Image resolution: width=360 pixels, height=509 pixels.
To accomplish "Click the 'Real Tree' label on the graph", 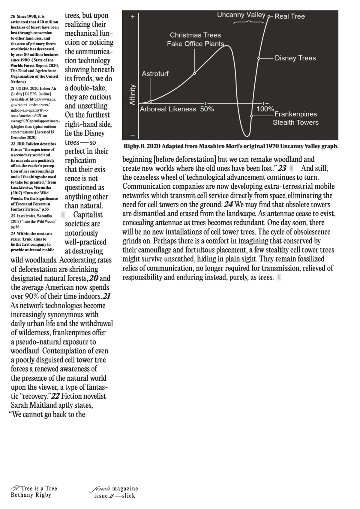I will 289,16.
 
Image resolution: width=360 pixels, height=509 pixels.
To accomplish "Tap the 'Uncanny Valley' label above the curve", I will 241,15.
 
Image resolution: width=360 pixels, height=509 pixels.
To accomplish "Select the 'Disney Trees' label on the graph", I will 295,58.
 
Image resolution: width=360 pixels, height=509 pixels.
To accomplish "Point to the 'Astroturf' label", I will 155,73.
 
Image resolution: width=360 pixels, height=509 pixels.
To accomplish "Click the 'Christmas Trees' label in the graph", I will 195,35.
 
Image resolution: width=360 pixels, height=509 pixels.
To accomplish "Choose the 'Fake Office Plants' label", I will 196,44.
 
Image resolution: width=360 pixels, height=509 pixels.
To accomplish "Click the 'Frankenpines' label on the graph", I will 295,114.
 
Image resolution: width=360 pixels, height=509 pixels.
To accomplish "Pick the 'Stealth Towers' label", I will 295,122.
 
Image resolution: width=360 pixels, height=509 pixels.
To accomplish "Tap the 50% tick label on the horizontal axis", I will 207,109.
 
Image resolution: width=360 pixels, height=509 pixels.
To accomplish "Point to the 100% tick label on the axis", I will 265,109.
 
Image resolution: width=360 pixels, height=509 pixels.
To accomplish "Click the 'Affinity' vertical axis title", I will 132,95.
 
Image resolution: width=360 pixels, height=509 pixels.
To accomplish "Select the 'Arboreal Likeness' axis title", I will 168,109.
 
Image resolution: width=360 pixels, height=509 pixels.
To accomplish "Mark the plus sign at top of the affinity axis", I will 132,17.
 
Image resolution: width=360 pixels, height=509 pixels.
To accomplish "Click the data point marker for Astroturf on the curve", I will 151,101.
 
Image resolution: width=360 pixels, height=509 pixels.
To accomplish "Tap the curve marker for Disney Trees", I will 259,58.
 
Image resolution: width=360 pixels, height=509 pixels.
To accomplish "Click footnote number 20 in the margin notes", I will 13,17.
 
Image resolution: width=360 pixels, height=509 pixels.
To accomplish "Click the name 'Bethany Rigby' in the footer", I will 31,495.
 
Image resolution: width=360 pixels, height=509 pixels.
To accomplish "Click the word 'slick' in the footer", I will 128,496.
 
